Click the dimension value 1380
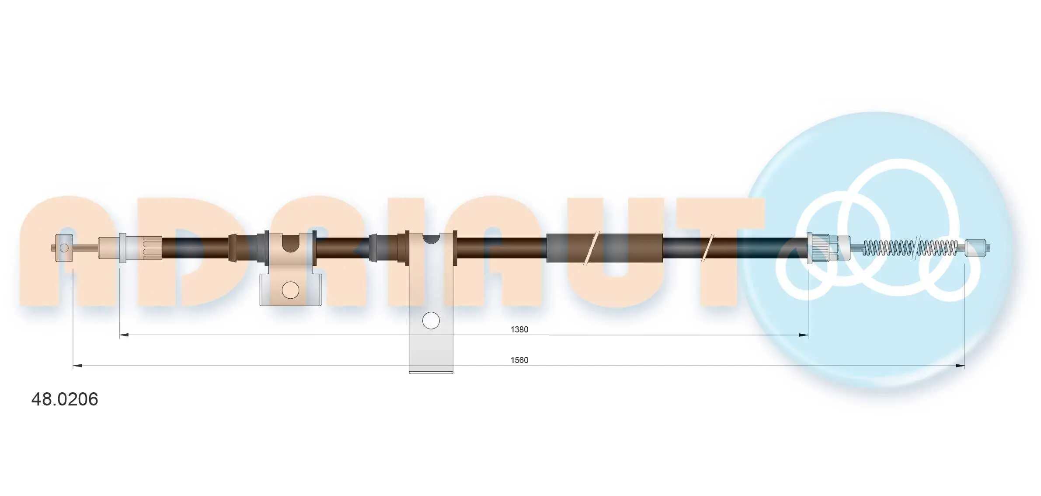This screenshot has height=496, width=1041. tap(519, 329)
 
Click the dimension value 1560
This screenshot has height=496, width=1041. tap(519, 360)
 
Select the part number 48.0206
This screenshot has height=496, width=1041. tap(65, 399)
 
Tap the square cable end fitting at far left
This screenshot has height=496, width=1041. tap(64, 248)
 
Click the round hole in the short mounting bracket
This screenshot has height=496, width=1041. tap(290, 290)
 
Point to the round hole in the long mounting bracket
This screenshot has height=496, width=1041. tap(431, 321)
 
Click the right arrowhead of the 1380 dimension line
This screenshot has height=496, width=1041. tap(803, 335)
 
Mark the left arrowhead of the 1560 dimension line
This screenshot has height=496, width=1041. tap(77, 366)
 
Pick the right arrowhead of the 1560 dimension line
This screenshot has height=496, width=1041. tap(960, 366)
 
